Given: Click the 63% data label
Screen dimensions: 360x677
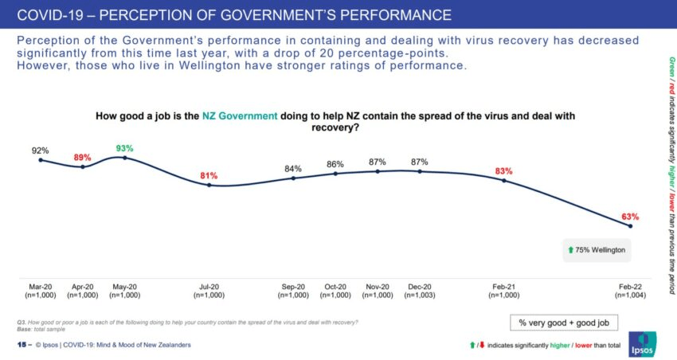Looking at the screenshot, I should (x=630, y=216).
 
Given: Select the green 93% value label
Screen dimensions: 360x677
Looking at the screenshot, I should (x=124, y=147).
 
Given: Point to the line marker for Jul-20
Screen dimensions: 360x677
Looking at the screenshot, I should (x=209, y=185).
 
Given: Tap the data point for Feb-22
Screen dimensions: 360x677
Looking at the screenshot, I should (x=631, y=227).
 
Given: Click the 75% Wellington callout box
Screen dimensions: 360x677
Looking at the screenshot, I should (x=597, y=250).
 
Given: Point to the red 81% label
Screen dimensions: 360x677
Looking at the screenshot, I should (x=209, y=174).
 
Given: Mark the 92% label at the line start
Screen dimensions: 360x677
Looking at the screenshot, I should (x=41, y=150).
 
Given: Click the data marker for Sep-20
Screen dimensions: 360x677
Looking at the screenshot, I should (x=293, y=178).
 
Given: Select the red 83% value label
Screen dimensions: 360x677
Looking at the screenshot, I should (x=503, y=170).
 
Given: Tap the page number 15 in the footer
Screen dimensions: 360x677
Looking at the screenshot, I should (x=22, y=345).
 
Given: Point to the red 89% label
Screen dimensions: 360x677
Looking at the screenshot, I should (x=83, y=157).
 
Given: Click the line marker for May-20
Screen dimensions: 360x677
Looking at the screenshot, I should (x=124, y=158).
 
